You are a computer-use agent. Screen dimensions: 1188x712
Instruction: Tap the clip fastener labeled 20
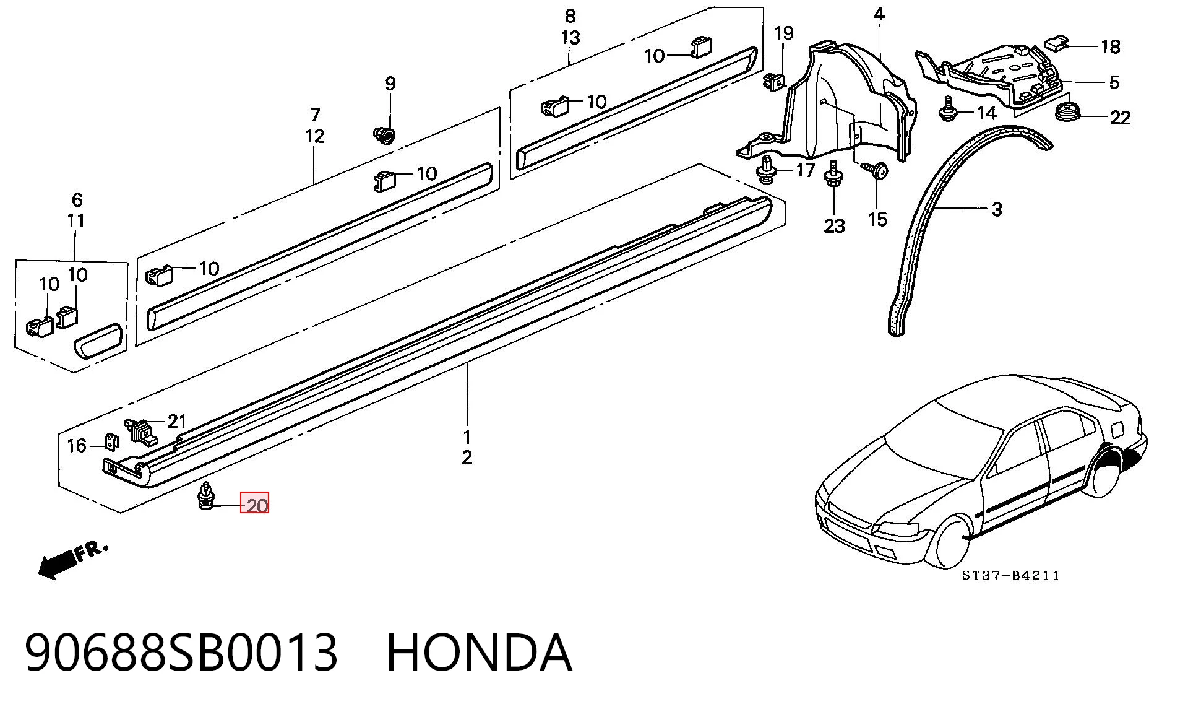click(x=205, y=497)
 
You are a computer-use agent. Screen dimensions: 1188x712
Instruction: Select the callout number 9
click(x=390, y=83)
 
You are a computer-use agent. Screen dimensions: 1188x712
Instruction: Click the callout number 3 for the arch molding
click(x=996, y=209)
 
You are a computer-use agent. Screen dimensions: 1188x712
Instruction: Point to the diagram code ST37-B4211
click(x=1010, y=576)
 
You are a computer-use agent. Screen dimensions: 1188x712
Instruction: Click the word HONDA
click(x=479, y=652)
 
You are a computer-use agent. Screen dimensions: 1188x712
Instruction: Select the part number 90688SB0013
click(x=181, y=652)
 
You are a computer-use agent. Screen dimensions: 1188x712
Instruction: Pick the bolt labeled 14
click(x=947, y=109)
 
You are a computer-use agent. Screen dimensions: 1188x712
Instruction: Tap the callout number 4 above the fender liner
click(x=879, y=14)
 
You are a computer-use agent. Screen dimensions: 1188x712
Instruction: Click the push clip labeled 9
click(x=385, y=134)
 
